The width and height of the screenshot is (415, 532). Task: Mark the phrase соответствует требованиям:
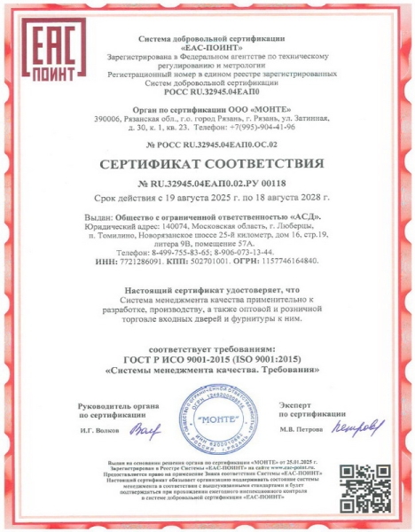(x=207, y=347)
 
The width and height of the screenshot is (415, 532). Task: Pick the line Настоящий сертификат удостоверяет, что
(x=207, y=290)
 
